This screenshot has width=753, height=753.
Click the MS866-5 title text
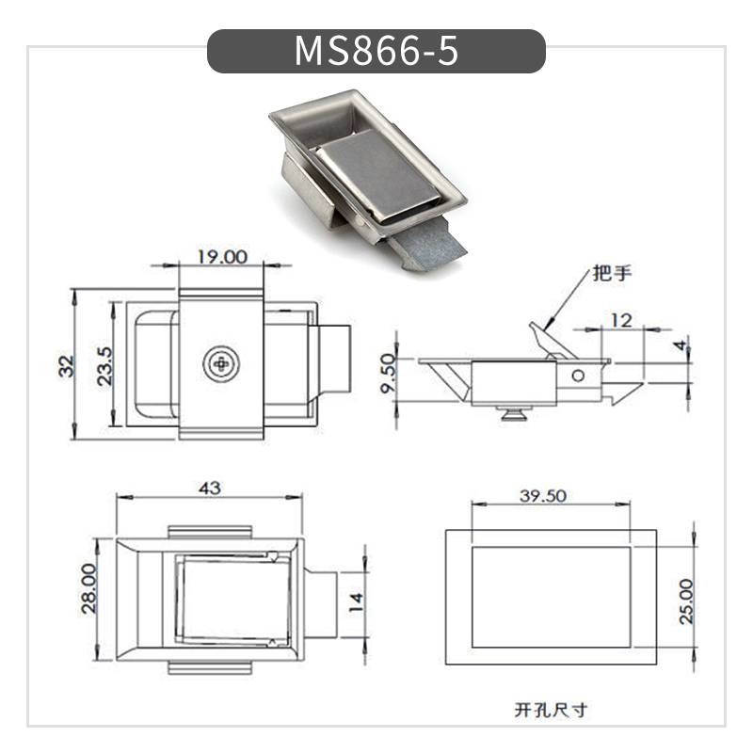click(376, 51)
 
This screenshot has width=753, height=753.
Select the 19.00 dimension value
click(221, 256)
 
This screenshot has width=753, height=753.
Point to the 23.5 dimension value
click(104, 365)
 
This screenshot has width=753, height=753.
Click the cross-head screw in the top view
click(221, 363)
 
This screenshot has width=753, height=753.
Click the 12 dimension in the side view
click(620, 320)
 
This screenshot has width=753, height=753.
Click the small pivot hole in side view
click(579, 376)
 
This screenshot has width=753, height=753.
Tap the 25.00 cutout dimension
click(686, 601)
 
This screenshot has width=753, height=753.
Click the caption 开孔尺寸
click(551, 710)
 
